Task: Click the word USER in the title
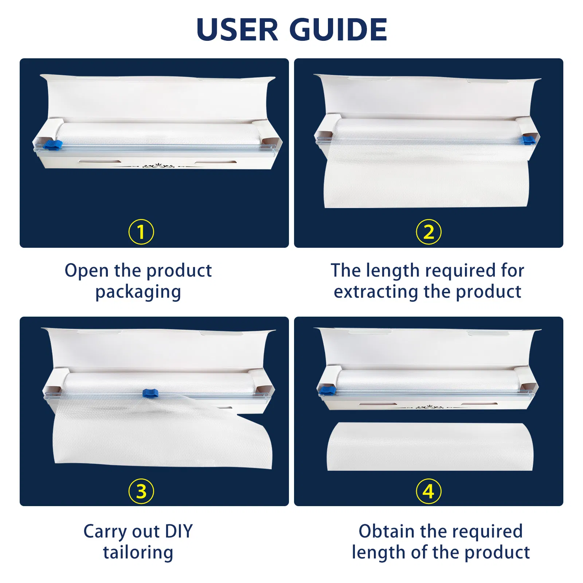[237, 30]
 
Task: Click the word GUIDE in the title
[339, 30]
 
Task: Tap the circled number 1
[141, 232]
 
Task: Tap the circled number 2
[429, 232]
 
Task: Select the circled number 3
[141, 491]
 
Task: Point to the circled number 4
[429, 491]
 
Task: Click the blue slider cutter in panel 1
[53, 145]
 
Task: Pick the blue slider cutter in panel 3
[150, 393]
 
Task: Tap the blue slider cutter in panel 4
[327, 391]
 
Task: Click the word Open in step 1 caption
[86, 271]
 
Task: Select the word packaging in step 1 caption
[138, 292]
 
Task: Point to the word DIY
[179, 531]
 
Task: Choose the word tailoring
[138, 552]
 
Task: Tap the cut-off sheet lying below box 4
[430, 446]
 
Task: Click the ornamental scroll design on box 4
[430, 407]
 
